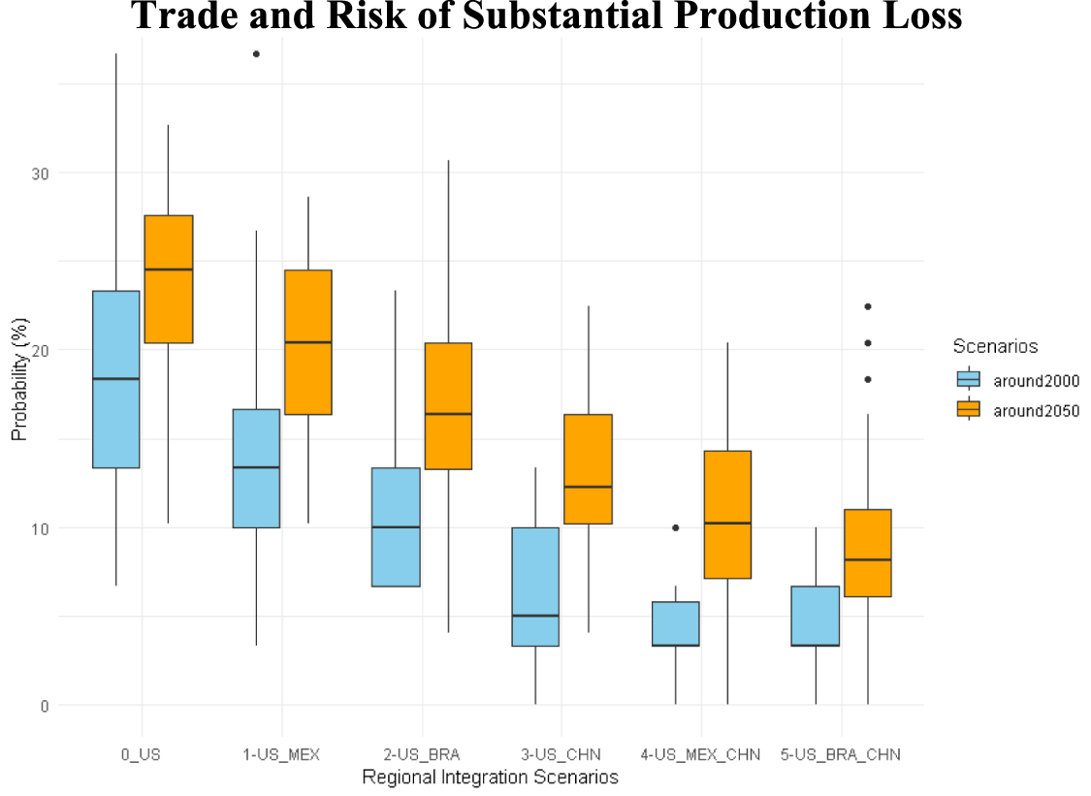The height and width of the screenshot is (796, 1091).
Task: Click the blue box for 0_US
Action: point(115,379)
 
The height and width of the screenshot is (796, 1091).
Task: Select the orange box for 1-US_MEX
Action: point(308,342)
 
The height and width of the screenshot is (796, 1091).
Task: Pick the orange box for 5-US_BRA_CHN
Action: point(867,553)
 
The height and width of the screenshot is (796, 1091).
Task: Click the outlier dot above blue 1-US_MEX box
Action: point(256,54)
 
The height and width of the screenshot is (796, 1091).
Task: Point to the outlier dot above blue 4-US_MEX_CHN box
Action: point(676,527)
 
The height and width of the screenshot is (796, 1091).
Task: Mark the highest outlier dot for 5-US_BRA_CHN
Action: point(868,306)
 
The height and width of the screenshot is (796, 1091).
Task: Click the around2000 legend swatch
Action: point(968,381)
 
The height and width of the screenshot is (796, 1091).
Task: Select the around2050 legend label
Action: point(1036,410)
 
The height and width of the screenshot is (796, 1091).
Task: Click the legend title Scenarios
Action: point(995,346)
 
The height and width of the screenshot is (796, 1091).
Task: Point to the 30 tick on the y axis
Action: point(40,173)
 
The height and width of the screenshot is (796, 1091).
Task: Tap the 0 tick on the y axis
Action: point(44,705)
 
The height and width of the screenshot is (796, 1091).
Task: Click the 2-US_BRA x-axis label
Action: point(422,754)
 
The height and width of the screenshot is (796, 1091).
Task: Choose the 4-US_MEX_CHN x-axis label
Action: point(700,754)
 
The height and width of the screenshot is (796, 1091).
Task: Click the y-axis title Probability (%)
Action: point(19,389)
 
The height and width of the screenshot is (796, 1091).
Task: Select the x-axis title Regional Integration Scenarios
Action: point(490,777)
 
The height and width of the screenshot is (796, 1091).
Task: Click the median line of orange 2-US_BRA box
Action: point(448,414)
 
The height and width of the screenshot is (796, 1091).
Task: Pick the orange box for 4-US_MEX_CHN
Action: point(727,514)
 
